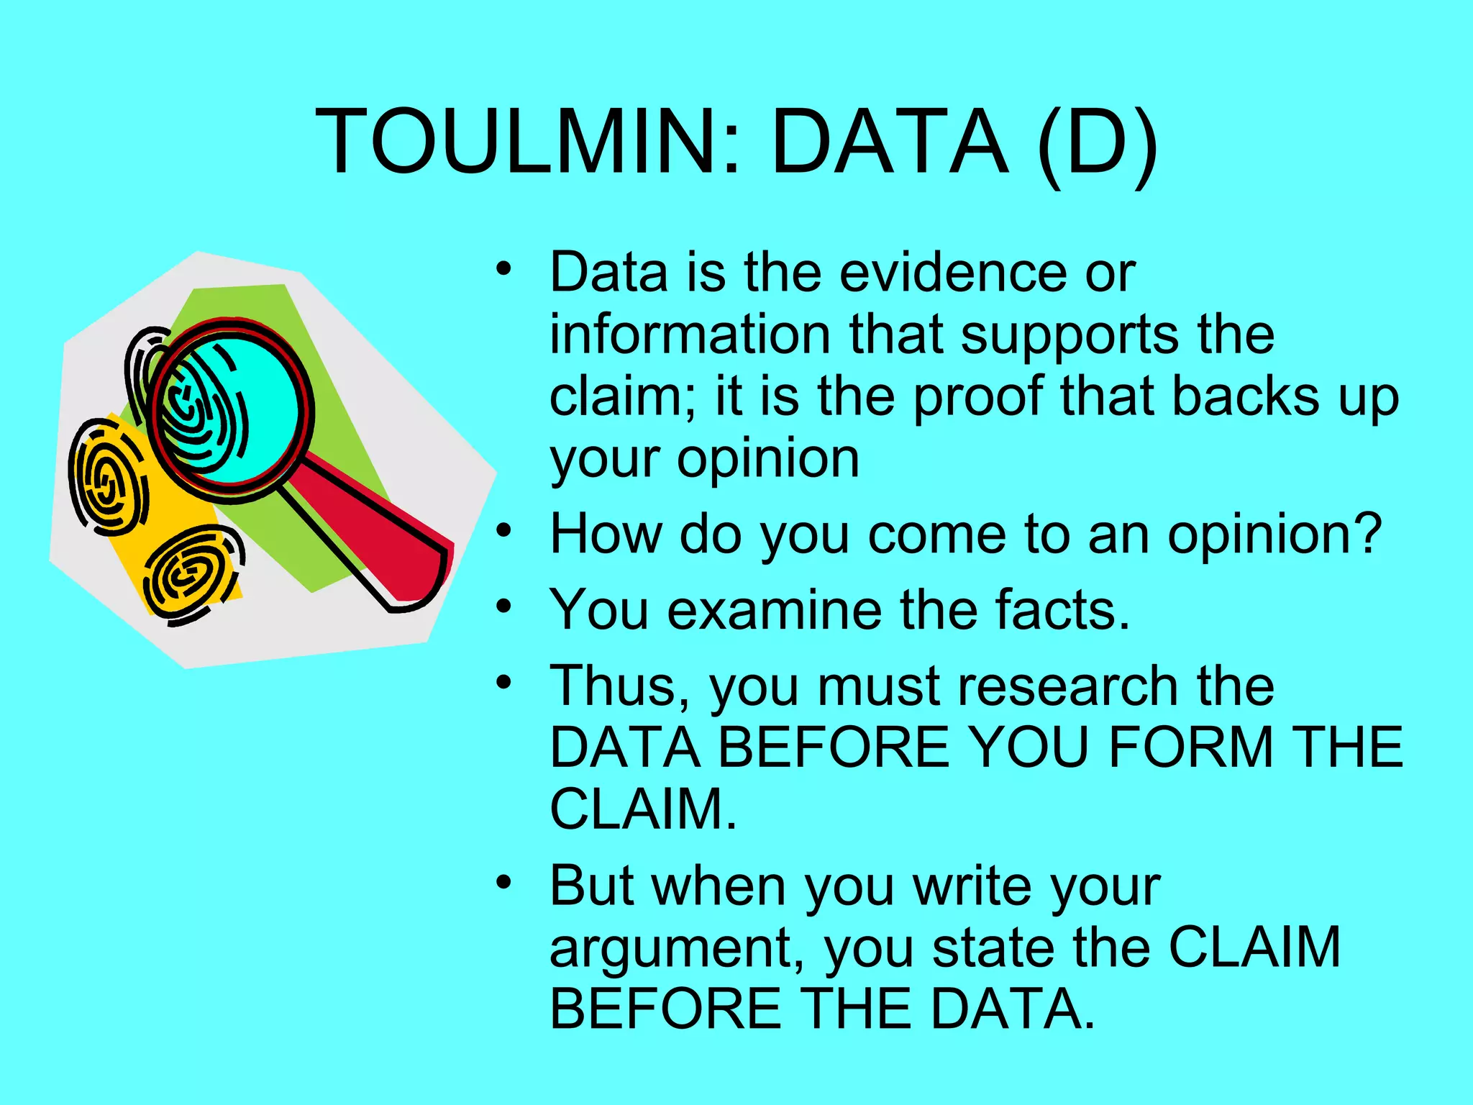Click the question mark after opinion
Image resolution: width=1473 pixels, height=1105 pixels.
(x=1367, y=534)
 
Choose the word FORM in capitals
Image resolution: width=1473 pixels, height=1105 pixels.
(x=1191, y=747)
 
